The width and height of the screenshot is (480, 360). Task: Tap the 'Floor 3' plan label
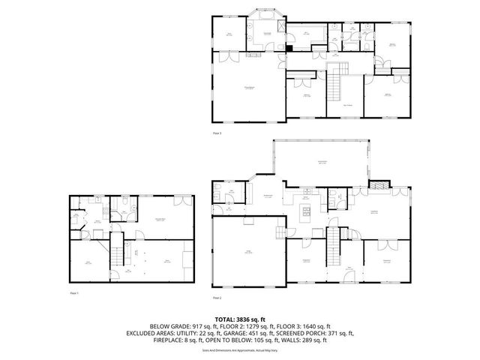pyautogui.click(x=217, y=133)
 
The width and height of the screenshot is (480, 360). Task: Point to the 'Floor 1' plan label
pyautogui.click(x=74, y=293)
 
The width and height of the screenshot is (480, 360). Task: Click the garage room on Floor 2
pyautogui.click(x=248, y=252)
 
